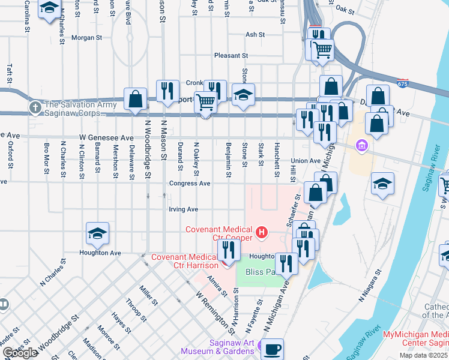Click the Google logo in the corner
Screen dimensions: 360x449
click(x=20, y=353)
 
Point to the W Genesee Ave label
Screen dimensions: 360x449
click(x=108, y=137)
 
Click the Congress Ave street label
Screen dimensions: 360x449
click(x=189, y=183)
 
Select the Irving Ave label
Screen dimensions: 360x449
click(x=183, y=209)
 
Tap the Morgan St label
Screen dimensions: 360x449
click(x=87, y=37)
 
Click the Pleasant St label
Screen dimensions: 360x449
click(x=232, y=55)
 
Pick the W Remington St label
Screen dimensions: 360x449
click(x=215, y=312)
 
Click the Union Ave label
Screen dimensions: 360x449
click(x=306, y=161)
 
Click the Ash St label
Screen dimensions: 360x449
click(x=255, y=35)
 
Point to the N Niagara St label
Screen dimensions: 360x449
click(x=370, y=284)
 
